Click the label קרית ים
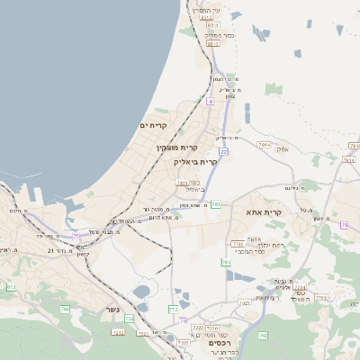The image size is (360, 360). click(154, 125)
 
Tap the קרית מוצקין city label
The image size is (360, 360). click(176, 147)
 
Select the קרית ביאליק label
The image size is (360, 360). click(195, 162)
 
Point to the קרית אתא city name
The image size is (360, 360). click(264, 212)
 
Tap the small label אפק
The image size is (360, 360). click(283, 148)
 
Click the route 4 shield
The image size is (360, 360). click(210, 103)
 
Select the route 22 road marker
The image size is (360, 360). click(223, 152)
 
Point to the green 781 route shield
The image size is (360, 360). click(216, 204)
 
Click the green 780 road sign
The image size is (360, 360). click(226, 262)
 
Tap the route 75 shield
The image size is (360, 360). click(76, 236)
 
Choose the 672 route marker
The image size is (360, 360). click(12, 287)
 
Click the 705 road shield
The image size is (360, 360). click(65, 310)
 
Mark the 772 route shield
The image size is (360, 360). click(174, 310)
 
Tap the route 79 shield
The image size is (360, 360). click(344, 225)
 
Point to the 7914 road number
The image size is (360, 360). click(264, 144)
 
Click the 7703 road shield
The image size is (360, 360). click(238, 244)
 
